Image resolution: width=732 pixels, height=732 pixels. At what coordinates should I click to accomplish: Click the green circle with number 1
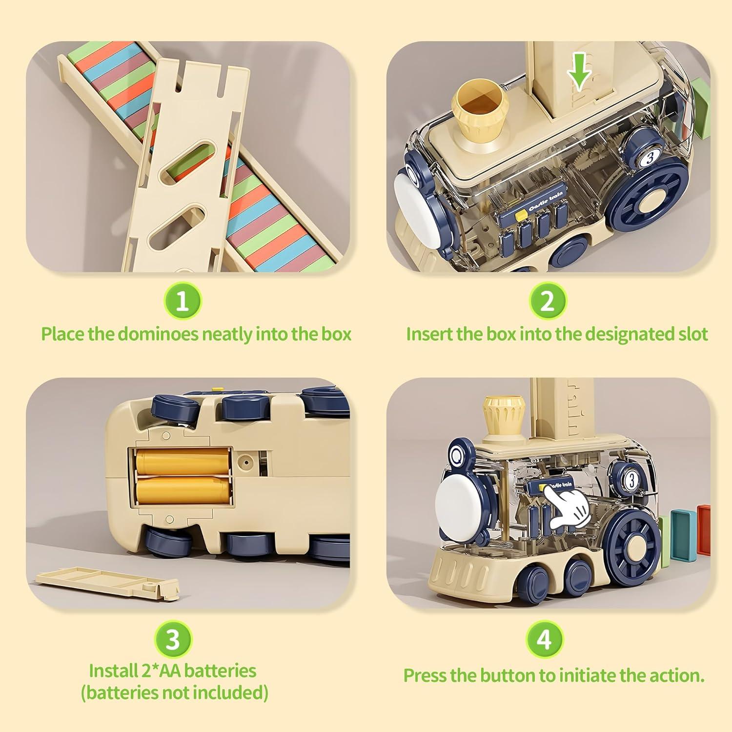click(x=182, y=301)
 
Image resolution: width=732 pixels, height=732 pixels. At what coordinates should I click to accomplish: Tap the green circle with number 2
click(x=548, y=301)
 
